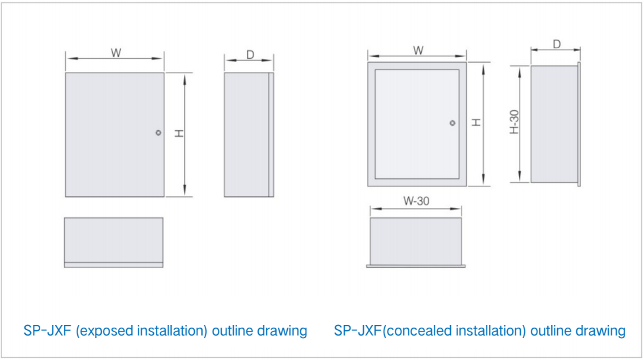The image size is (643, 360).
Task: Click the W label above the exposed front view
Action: (116, 53)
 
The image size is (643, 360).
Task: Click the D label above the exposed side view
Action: (250, 55)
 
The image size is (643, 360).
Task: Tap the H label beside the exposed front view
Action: (179, 133)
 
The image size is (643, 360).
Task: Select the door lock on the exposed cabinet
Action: (158, 133)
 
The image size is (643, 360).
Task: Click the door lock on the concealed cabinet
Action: (452, 123)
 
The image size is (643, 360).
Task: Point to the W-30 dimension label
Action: (416, 201)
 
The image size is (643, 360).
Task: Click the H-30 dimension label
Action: (514, 122)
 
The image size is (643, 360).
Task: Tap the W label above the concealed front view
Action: (419, 50)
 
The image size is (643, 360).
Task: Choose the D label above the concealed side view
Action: (557, 44)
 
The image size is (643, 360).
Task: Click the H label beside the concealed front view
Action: (476, 122)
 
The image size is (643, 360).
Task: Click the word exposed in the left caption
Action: (104, 331)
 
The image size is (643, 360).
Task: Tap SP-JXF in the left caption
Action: (48, 330)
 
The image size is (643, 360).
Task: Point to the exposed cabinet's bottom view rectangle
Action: (114, 242)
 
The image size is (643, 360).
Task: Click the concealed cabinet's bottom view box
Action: (416, 242)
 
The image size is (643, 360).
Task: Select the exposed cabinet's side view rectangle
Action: (249, 135)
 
